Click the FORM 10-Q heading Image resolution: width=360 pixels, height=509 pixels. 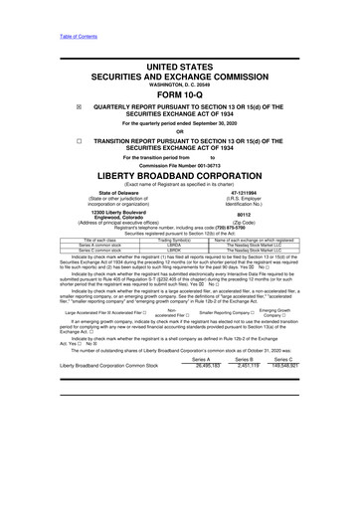point(180,95)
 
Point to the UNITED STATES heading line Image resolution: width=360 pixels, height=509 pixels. point(180,66)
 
